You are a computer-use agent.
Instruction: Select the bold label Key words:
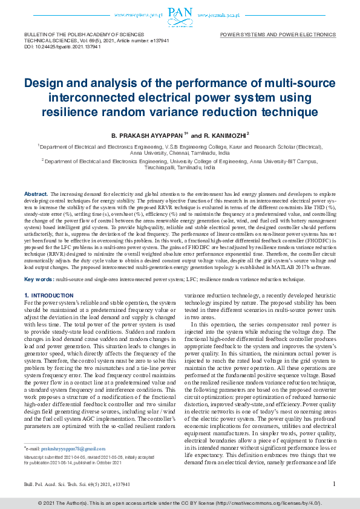click(38, 280)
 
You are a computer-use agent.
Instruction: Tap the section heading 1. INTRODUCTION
click(48, 296)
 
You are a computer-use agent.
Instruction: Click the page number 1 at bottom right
click(334, 484)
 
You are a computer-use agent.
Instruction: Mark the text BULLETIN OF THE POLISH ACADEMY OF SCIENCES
click(77, 36)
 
